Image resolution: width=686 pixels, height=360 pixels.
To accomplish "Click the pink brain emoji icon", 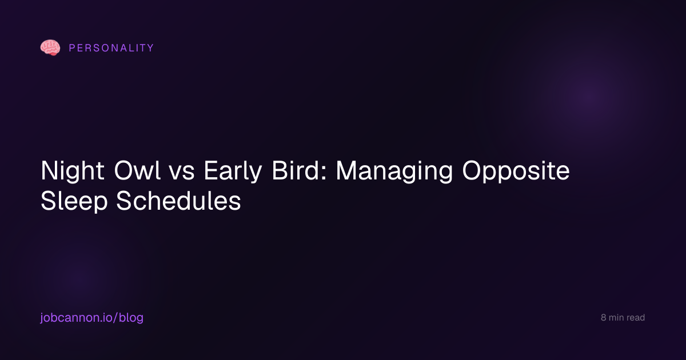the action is click(50, 47).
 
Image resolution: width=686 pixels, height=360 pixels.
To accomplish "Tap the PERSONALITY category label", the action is click(111, 48).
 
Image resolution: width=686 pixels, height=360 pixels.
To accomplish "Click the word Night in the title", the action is click(73, 171).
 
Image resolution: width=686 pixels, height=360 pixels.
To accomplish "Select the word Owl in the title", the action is click(137, 170).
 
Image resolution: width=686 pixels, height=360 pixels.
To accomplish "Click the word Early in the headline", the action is click(233, 171).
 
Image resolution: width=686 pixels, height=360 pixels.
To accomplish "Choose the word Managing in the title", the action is click(394, 171).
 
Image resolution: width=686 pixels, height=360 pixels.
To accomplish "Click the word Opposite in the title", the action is click(516, 171).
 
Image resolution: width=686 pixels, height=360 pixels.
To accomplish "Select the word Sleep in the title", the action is click(74, 201).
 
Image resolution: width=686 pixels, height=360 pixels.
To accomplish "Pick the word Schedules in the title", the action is click(178, 201).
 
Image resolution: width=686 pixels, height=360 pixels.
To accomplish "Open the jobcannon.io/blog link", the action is click(92, 318).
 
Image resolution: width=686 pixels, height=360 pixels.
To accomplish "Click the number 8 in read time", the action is click(603, 318).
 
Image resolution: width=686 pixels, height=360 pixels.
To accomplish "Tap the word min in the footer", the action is click(616, 318).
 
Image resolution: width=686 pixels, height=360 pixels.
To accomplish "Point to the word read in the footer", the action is click(636, 318).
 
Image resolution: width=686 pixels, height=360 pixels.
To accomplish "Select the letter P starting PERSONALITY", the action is click(72, 48).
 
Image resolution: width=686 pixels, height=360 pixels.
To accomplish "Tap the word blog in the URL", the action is click(131, 318).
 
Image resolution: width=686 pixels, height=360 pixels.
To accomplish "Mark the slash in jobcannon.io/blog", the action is click(115, 318).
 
